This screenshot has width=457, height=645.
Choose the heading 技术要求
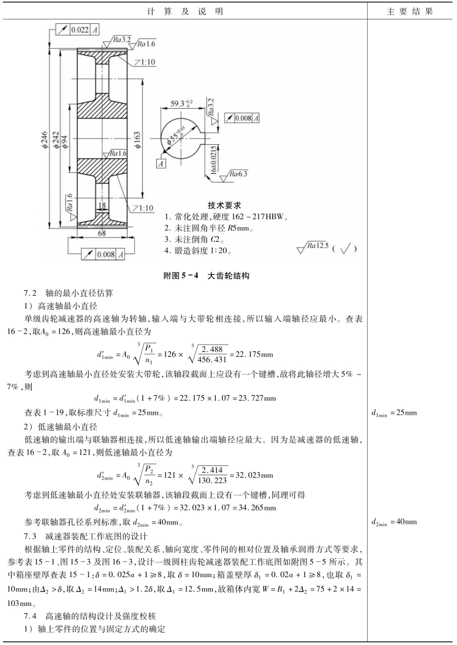[225, 205]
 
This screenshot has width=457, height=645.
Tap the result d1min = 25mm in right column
[394, 414]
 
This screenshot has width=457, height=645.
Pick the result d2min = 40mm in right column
[394, 522]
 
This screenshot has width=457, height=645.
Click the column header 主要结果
[410, 12]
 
